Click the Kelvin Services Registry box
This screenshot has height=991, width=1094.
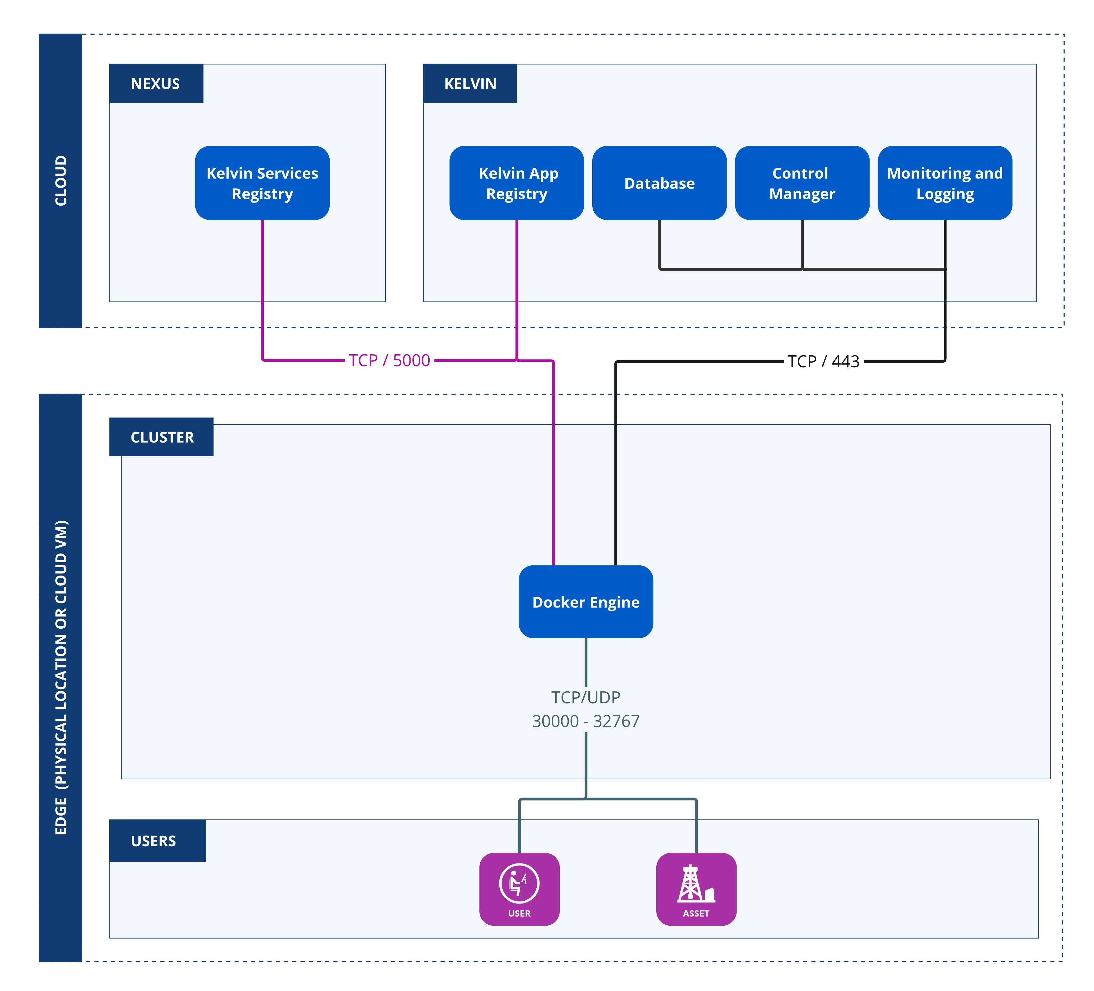pos(262,183)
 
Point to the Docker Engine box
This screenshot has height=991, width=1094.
pos(586,601)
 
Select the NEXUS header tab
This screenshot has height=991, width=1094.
pos(156,84)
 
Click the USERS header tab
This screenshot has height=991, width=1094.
pos(154,841)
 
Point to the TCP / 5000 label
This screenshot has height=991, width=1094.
pos(389,360)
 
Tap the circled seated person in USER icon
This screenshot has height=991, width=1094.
pos(519,883)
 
